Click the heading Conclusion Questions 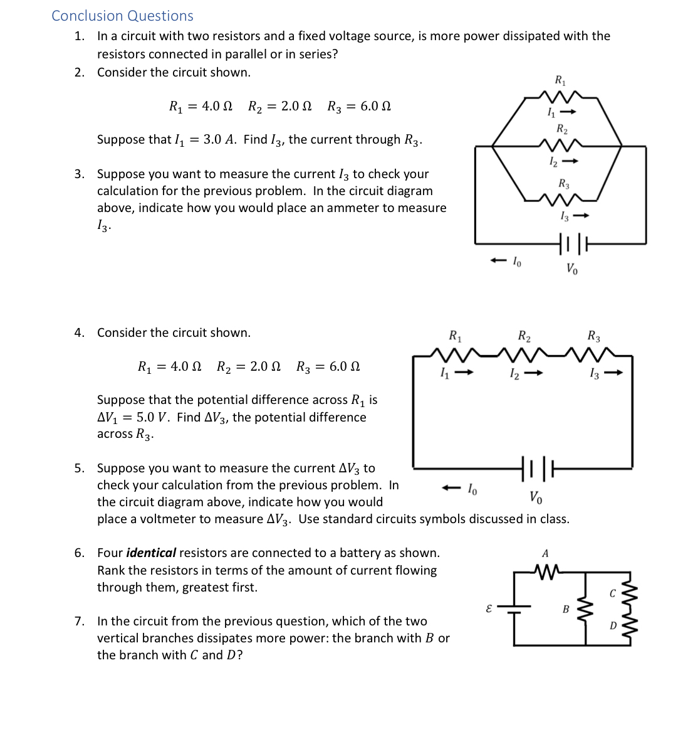pyautogui.click(x=122, y=16)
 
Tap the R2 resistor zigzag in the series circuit pyautogui.click(x=525, y=355)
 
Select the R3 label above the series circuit pyautogui.click(x=593, y=336)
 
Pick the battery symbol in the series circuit pyautogui.click(x=538, y=468)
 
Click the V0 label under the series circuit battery pyautogui.click(x=536, y=497)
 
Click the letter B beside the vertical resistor pyautogui.click(x=566, y=609)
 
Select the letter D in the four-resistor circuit pyautogui.click(x=613, y=625)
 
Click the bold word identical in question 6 pyautogui.click(x=150, y=553)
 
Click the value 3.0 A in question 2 pyautogui.click(x=220, y=139)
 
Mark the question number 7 pyautogui.click(x=79, y=621)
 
